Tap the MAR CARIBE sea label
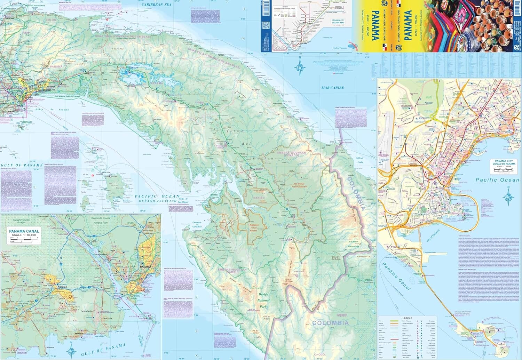332,88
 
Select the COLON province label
51,20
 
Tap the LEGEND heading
407,318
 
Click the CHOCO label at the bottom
320,355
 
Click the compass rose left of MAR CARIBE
299,67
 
